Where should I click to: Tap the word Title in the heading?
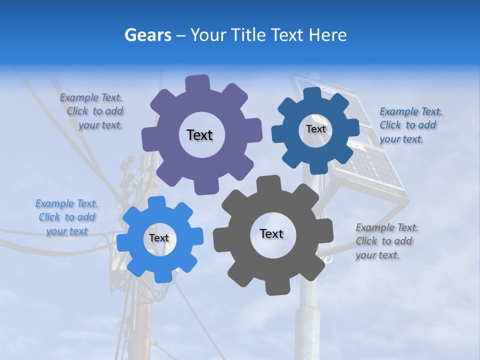click(248, 35)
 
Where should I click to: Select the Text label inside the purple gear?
click(199, 135)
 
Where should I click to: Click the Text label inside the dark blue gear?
click(315, 129)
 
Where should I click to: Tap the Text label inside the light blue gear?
click(159, 238)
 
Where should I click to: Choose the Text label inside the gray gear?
click(271, 233)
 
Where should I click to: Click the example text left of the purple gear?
click(93, 111)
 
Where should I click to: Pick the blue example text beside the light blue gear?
click(67, 217)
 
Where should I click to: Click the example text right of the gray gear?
click(386, 241)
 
